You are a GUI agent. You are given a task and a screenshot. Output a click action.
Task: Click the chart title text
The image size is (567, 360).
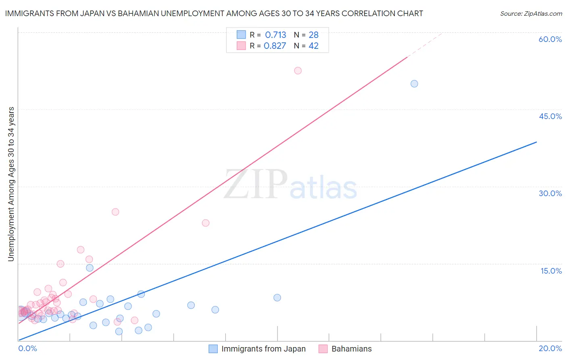click(214, 13)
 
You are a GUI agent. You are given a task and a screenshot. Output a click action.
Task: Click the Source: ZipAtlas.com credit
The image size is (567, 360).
click(531, 13)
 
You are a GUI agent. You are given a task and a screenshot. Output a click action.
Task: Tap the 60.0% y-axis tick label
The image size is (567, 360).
click(550, 39)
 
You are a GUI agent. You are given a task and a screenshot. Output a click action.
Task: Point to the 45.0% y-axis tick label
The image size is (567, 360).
click(550, 116)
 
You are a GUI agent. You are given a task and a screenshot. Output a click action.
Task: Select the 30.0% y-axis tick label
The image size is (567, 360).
click(550, 193)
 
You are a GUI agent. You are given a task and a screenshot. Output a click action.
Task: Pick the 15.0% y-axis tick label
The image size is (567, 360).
click(551, 271)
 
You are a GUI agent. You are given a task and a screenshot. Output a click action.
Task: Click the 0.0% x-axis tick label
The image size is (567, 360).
click(28, 348)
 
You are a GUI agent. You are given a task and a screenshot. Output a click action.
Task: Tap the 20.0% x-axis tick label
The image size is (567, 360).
click(550, 348)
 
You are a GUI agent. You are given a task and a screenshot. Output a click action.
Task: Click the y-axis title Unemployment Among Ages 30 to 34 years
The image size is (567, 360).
click(11, 184)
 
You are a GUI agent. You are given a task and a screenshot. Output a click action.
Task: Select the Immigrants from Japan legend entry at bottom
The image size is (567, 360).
click(257, 349)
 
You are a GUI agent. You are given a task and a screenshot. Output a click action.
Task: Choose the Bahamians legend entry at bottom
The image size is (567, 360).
click(345, 349)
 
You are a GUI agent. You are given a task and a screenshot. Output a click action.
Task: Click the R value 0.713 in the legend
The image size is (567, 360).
click(275, 35)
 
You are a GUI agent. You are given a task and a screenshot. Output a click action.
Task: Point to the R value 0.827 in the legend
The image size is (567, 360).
click(275, 46)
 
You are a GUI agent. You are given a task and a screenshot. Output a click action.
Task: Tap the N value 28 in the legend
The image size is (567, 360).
click(313, 35)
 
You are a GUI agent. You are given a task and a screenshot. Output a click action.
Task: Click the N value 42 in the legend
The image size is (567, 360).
click(313, 46)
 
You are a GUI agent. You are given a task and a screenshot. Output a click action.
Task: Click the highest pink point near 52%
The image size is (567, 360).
click(298, 71)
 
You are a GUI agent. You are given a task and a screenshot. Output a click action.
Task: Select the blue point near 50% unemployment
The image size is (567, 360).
click(414, 84)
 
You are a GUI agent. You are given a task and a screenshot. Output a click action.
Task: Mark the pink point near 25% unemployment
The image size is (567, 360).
click(115, 212)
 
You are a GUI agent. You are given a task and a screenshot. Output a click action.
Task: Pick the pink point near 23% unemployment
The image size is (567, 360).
click(206, 223)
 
